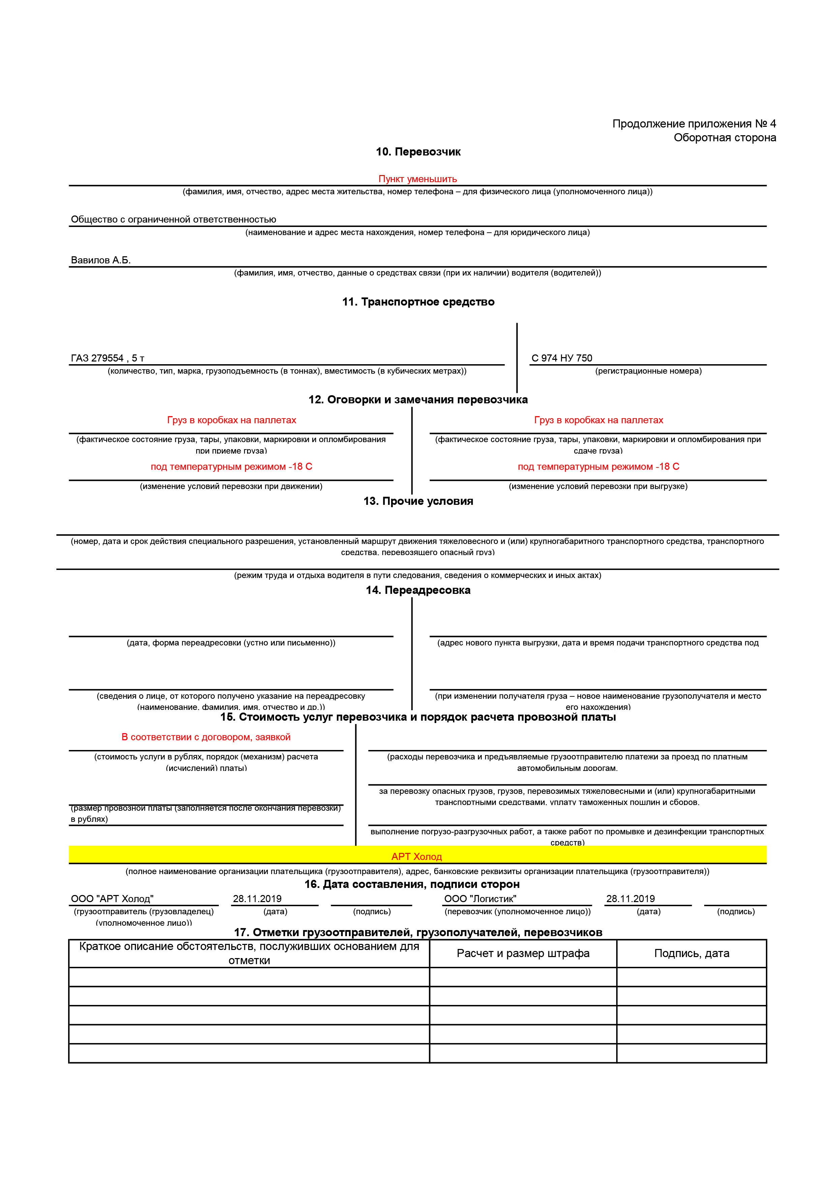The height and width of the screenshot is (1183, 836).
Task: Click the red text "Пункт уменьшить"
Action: [x=417, y=179]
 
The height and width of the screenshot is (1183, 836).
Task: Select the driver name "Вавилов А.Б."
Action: [x=100, y=260]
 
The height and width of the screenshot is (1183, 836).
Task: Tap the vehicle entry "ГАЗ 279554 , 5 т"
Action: [x=107, y=358]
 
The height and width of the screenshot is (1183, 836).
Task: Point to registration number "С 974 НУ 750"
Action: [x=562, y=358]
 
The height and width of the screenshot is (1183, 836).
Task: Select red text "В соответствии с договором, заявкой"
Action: [x=206, y=737]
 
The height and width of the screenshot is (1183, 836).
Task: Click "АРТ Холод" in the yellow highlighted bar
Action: [x=416, y=856]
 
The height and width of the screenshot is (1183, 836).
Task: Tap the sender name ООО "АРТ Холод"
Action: [x=112, y=899]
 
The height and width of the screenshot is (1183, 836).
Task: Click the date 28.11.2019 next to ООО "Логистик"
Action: [x=630, y=899]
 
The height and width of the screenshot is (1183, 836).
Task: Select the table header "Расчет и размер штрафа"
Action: [x=523, y=953]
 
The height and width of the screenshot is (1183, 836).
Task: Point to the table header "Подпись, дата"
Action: [x=691, y=953]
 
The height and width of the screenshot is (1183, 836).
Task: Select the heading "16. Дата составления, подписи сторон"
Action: [x=412, y=884]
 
